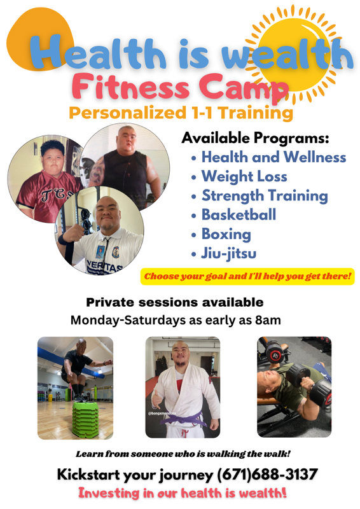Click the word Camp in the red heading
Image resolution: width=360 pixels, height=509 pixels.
(244, 88)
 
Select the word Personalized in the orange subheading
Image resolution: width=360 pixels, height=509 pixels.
(127, 113)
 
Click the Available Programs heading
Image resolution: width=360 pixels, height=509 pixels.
(255, 138)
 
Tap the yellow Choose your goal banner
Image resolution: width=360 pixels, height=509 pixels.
(247, 277)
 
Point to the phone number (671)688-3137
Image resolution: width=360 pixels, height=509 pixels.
(267, 474)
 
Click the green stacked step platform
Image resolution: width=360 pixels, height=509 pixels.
(85, 419)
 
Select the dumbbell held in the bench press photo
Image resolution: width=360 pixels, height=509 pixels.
(312, 383)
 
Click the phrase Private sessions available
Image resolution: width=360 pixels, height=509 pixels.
(175, 303)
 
